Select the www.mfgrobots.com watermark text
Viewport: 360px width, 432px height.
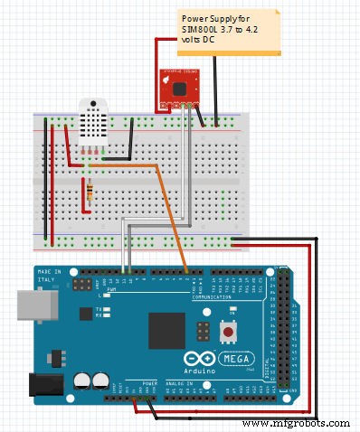(x=298, y=423)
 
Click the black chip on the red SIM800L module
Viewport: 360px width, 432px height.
(x=179, y=88)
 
